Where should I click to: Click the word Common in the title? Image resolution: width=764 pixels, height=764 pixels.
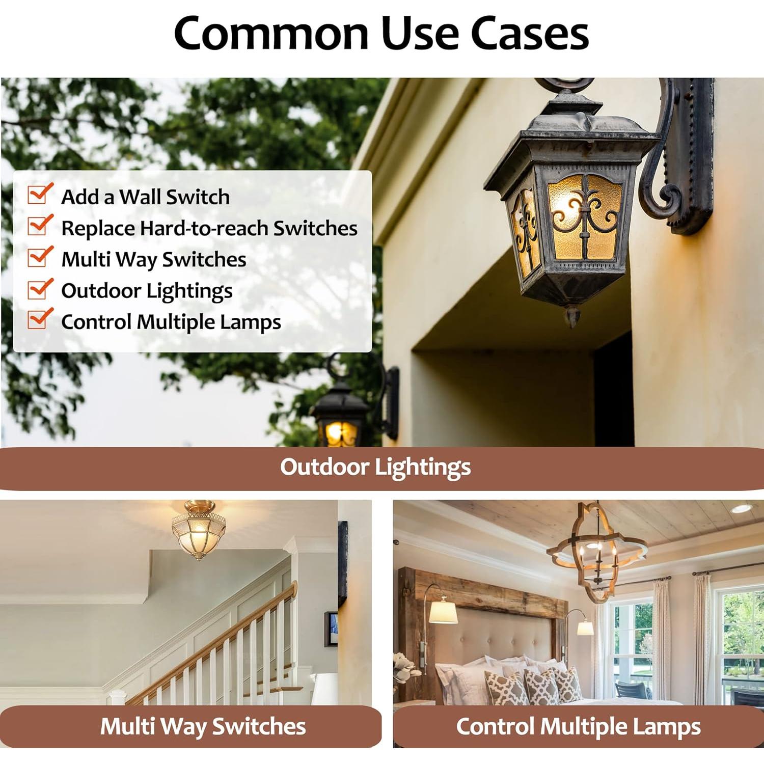tap(271, 33)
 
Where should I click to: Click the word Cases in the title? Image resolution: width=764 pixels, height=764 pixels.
tap(530, 33)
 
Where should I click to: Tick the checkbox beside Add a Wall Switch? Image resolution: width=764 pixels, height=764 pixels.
tap(40, 194)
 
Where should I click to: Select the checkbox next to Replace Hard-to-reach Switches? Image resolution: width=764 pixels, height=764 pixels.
tap(40, 225)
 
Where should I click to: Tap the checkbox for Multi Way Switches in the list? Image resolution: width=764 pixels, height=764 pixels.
tap(40, 257)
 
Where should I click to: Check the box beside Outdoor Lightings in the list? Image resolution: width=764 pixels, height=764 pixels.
tap(40, 288)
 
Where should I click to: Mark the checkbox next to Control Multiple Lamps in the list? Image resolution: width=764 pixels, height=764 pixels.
tap(40, 319)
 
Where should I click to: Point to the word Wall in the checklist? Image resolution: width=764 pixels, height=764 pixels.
tap(140, 197)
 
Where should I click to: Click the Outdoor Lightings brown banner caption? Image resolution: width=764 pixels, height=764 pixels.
tap(375, 467)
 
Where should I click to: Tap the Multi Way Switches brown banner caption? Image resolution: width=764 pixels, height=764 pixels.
tap(203, 726)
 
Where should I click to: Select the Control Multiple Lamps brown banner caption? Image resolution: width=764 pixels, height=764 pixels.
tap(578, 727)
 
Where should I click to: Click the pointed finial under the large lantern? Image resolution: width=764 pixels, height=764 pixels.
tap(572, 315)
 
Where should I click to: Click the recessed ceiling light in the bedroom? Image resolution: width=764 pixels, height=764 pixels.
tap(741, 508)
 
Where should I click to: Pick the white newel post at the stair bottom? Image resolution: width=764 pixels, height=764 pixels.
tap(118, 697)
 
